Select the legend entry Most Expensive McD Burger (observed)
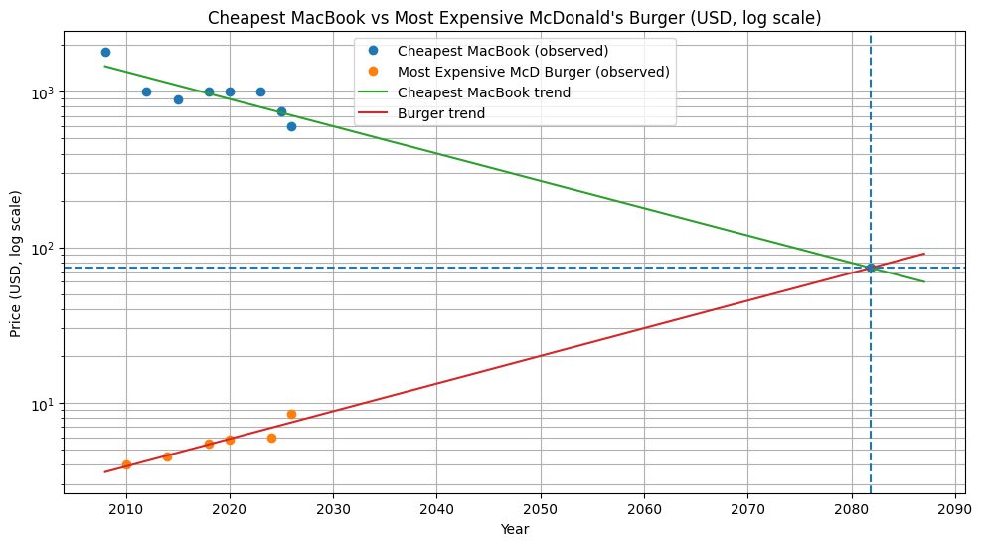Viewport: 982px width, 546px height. point(532,72)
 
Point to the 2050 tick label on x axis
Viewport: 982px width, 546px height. point(540,511)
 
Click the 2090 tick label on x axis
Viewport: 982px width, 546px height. point(954,511)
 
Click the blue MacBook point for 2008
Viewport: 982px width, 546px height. point(105,52)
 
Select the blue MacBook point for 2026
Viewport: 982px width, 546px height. point(291,126)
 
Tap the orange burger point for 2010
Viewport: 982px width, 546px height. point(126,464)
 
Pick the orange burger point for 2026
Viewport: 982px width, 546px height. point(291,414)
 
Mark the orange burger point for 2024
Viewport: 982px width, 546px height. point(271,438)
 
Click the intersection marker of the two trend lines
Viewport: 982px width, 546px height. point(871,268)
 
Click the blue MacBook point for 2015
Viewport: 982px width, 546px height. point(178,99)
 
